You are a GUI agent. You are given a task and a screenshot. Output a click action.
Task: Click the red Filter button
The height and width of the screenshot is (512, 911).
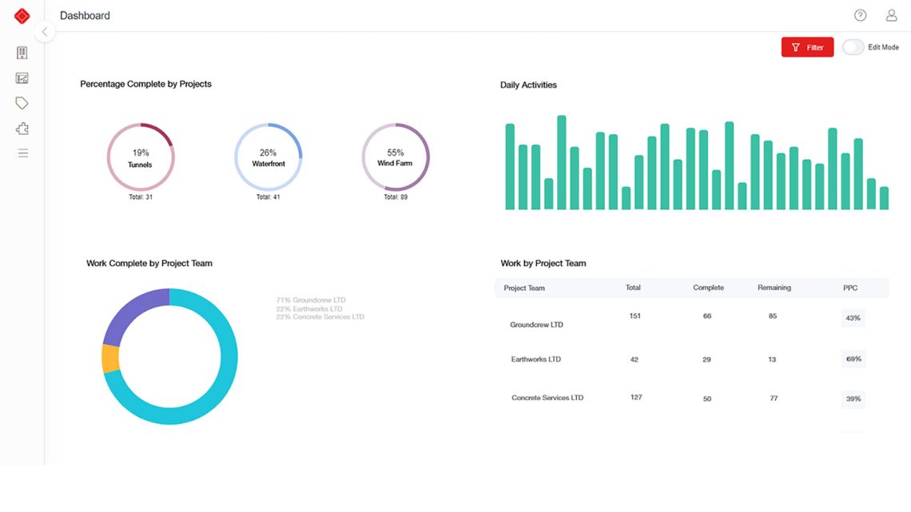click(x=807, y=47)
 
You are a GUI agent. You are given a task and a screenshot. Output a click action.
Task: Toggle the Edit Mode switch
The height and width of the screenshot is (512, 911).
click(x=853, y=47)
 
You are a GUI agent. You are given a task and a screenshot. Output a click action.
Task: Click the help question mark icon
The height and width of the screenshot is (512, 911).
click(x=860, y=15)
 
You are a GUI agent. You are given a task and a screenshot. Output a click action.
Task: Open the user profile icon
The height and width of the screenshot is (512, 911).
click(x=891, y=15)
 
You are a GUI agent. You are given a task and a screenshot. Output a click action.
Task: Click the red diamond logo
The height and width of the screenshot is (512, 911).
click(x=22, y=15)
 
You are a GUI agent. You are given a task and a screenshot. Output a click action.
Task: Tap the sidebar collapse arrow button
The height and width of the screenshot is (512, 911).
click(x=45, y=32)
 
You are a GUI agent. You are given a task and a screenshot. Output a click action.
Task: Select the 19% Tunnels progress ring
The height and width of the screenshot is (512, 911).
click(x=141, y=157)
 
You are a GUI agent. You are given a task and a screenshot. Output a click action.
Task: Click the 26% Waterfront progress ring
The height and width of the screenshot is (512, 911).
click(x=268, y=157)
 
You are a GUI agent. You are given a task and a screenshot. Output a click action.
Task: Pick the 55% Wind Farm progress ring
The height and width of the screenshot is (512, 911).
click(x=396, y=157)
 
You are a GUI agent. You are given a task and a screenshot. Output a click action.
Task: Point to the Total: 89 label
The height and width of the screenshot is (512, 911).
click(x=392, y=196)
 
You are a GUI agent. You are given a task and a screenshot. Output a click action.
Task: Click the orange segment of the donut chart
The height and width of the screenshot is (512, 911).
click(x=110, y=359)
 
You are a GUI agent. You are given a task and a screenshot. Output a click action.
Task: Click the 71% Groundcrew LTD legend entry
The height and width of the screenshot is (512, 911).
click(x=311, y=300)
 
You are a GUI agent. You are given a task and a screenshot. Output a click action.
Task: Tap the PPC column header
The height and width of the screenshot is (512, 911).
click(x=850, y=288)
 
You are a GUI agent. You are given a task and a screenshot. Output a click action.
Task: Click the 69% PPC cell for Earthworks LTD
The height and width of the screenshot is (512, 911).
click(x=853, y=359)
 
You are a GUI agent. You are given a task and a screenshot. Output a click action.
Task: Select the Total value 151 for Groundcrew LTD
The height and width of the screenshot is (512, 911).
click(x=635, y=316)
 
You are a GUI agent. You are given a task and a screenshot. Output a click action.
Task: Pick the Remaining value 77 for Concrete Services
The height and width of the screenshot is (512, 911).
click(x=773, y=397)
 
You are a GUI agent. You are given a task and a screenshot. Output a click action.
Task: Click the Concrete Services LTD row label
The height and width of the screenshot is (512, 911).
click(x=547, y=397)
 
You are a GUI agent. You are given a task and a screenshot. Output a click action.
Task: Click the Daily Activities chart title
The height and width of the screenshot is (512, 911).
click(x=528, y=85)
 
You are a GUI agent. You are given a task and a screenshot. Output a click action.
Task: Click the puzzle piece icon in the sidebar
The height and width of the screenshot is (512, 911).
click(x=22, y=128)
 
